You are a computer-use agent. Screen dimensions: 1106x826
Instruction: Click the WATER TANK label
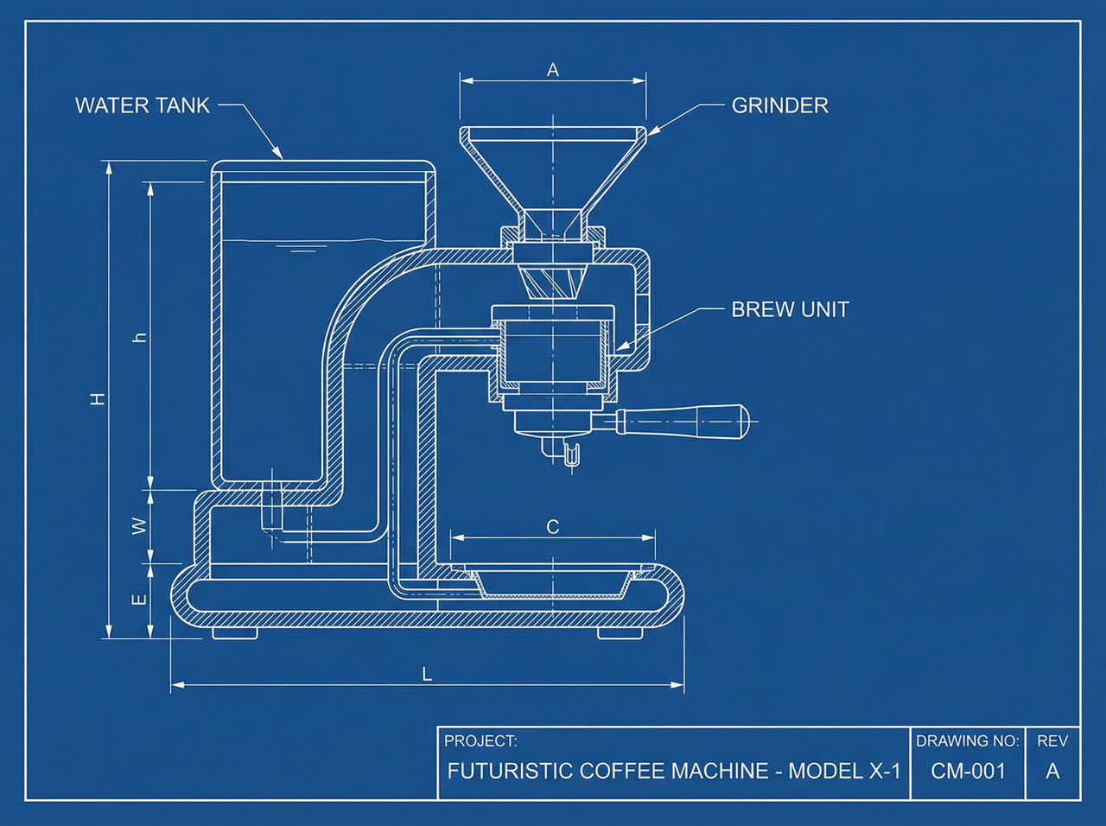point(143,105)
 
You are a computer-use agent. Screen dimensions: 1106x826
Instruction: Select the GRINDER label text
point(780,105)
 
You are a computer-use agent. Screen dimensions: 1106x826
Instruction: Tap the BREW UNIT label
point(790,309)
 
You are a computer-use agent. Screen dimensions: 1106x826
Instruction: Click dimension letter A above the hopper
point(553,70)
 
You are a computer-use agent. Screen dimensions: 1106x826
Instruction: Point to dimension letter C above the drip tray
point(553,527)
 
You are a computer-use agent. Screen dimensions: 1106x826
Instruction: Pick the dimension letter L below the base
point(427,675)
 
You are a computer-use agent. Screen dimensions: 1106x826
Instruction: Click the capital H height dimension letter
point(98,399)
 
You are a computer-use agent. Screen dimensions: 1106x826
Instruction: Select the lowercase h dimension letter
point(140,337)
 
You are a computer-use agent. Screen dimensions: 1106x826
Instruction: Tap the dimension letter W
point(140,526)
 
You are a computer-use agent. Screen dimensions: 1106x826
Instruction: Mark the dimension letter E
point(139,600)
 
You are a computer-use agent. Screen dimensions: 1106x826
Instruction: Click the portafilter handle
point(683,421)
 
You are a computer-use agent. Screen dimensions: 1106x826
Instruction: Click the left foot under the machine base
point(235,633)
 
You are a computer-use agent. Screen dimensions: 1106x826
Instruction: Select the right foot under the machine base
point(620,633)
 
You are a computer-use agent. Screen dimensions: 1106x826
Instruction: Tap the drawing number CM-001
point(968,772)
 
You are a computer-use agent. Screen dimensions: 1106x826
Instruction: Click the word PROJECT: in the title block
point(480,740)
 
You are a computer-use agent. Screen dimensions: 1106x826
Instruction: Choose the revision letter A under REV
point(1052,772)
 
